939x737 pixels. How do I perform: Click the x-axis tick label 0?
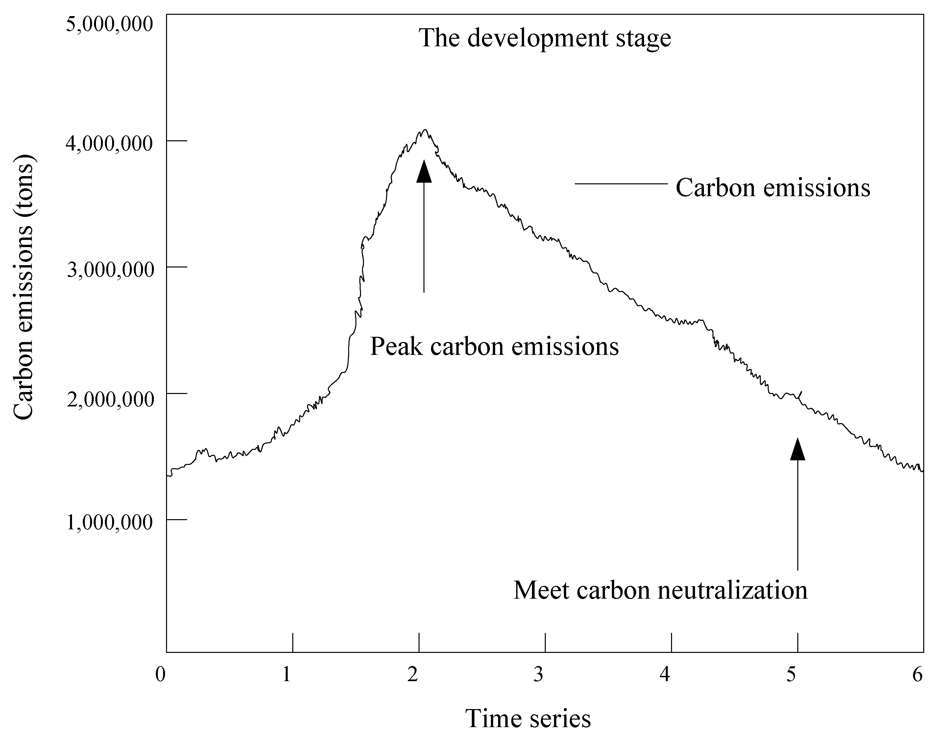coord(160,674)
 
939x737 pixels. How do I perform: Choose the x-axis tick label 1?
coord(286,674)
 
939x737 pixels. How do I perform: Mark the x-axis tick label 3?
coord(538,674)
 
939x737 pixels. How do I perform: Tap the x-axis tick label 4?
coord(665,674)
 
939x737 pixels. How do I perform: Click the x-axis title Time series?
coord(528,719)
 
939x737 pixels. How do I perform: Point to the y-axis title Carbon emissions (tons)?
coord(23,287)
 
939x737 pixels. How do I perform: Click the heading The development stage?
coord(545,38)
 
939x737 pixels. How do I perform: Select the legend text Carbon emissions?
coord(773,188)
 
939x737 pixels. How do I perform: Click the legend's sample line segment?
coord(621,184)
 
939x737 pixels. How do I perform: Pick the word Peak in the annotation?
coord(396,346)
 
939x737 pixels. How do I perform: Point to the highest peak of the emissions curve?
coord(425,129)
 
